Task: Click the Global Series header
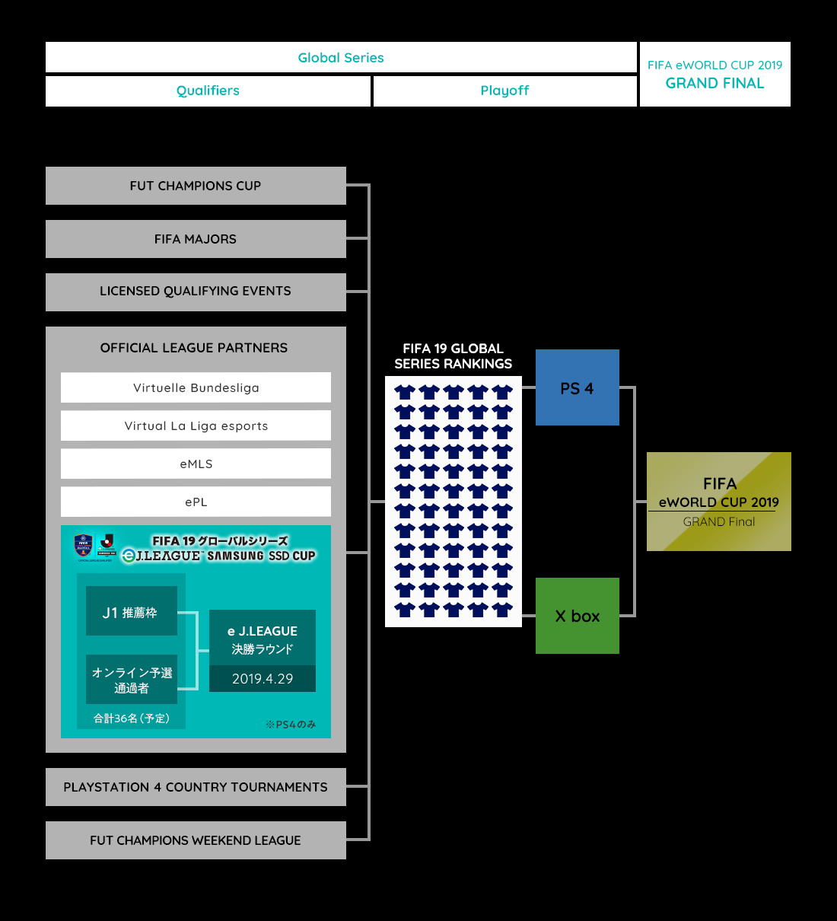(341, 58)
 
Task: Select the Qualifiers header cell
(208, 91)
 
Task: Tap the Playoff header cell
(504, 91)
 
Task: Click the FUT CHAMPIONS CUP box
(196, 186)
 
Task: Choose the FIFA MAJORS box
(196, 239)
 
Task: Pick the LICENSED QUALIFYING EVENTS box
(196, 292)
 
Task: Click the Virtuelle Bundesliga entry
(196, 387)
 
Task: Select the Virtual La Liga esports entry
(196, 425)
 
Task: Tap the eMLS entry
(196, 464)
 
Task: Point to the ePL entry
(196, 502)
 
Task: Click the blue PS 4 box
(577, 387)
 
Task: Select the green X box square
(577, 616)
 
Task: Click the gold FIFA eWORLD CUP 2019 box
(718, 502)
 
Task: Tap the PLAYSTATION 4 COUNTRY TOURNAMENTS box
(196, 787)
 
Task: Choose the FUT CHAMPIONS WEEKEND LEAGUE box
(196, 840)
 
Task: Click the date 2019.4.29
(263, 679)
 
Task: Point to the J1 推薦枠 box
(131, 611)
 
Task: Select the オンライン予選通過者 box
(131, 680)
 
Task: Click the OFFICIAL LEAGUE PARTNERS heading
(194, 348)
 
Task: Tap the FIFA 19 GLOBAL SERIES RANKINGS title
(453, 356)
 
